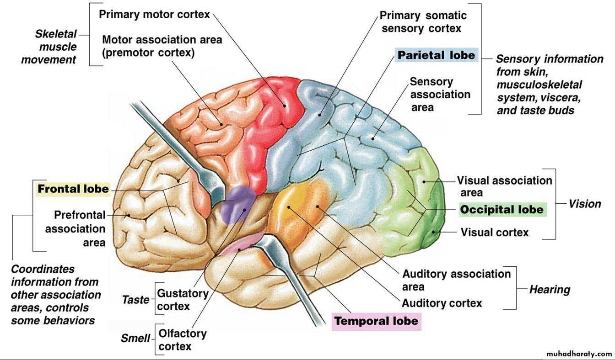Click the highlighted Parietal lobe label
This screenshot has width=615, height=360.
[436, 55]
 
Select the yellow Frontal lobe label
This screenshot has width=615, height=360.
[73, 189]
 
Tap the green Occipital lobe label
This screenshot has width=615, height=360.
[502, 210]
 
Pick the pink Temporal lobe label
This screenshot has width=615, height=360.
[376, 321]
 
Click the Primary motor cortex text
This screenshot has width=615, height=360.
[154, 15]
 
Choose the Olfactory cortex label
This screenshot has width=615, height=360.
[182, 340]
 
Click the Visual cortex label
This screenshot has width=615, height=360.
[494, 233]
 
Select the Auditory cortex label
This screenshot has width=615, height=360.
[442, 303]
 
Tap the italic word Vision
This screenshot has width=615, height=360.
[584, 204]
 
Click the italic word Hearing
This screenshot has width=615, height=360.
[550, 289]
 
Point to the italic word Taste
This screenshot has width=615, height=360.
[135, 300]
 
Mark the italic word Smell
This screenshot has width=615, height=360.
[135, 339]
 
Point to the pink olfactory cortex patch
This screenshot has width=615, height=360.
[243, 245]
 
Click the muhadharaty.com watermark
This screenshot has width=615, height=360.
[579, 354]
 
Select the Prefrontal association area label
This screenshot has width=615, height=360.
[76, 228]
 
